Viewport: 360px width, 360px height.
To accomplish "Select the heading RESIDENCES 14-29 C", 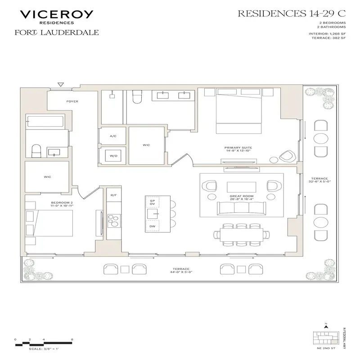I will (x=293, y=13).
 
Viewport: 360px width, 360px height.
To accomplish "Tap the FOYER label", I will (x=72, y=101).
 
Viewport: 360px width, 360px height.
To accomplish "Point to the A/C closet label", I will (x=113, y=136).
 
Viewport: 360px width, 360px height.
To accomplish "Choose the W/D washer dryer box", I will (x=113, y=156).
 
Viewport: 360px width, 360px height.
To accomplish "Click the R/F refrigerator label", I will (x=113, y=195).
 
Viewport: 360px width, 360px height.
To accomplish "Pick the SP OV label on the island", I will (x=152, y=202).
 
